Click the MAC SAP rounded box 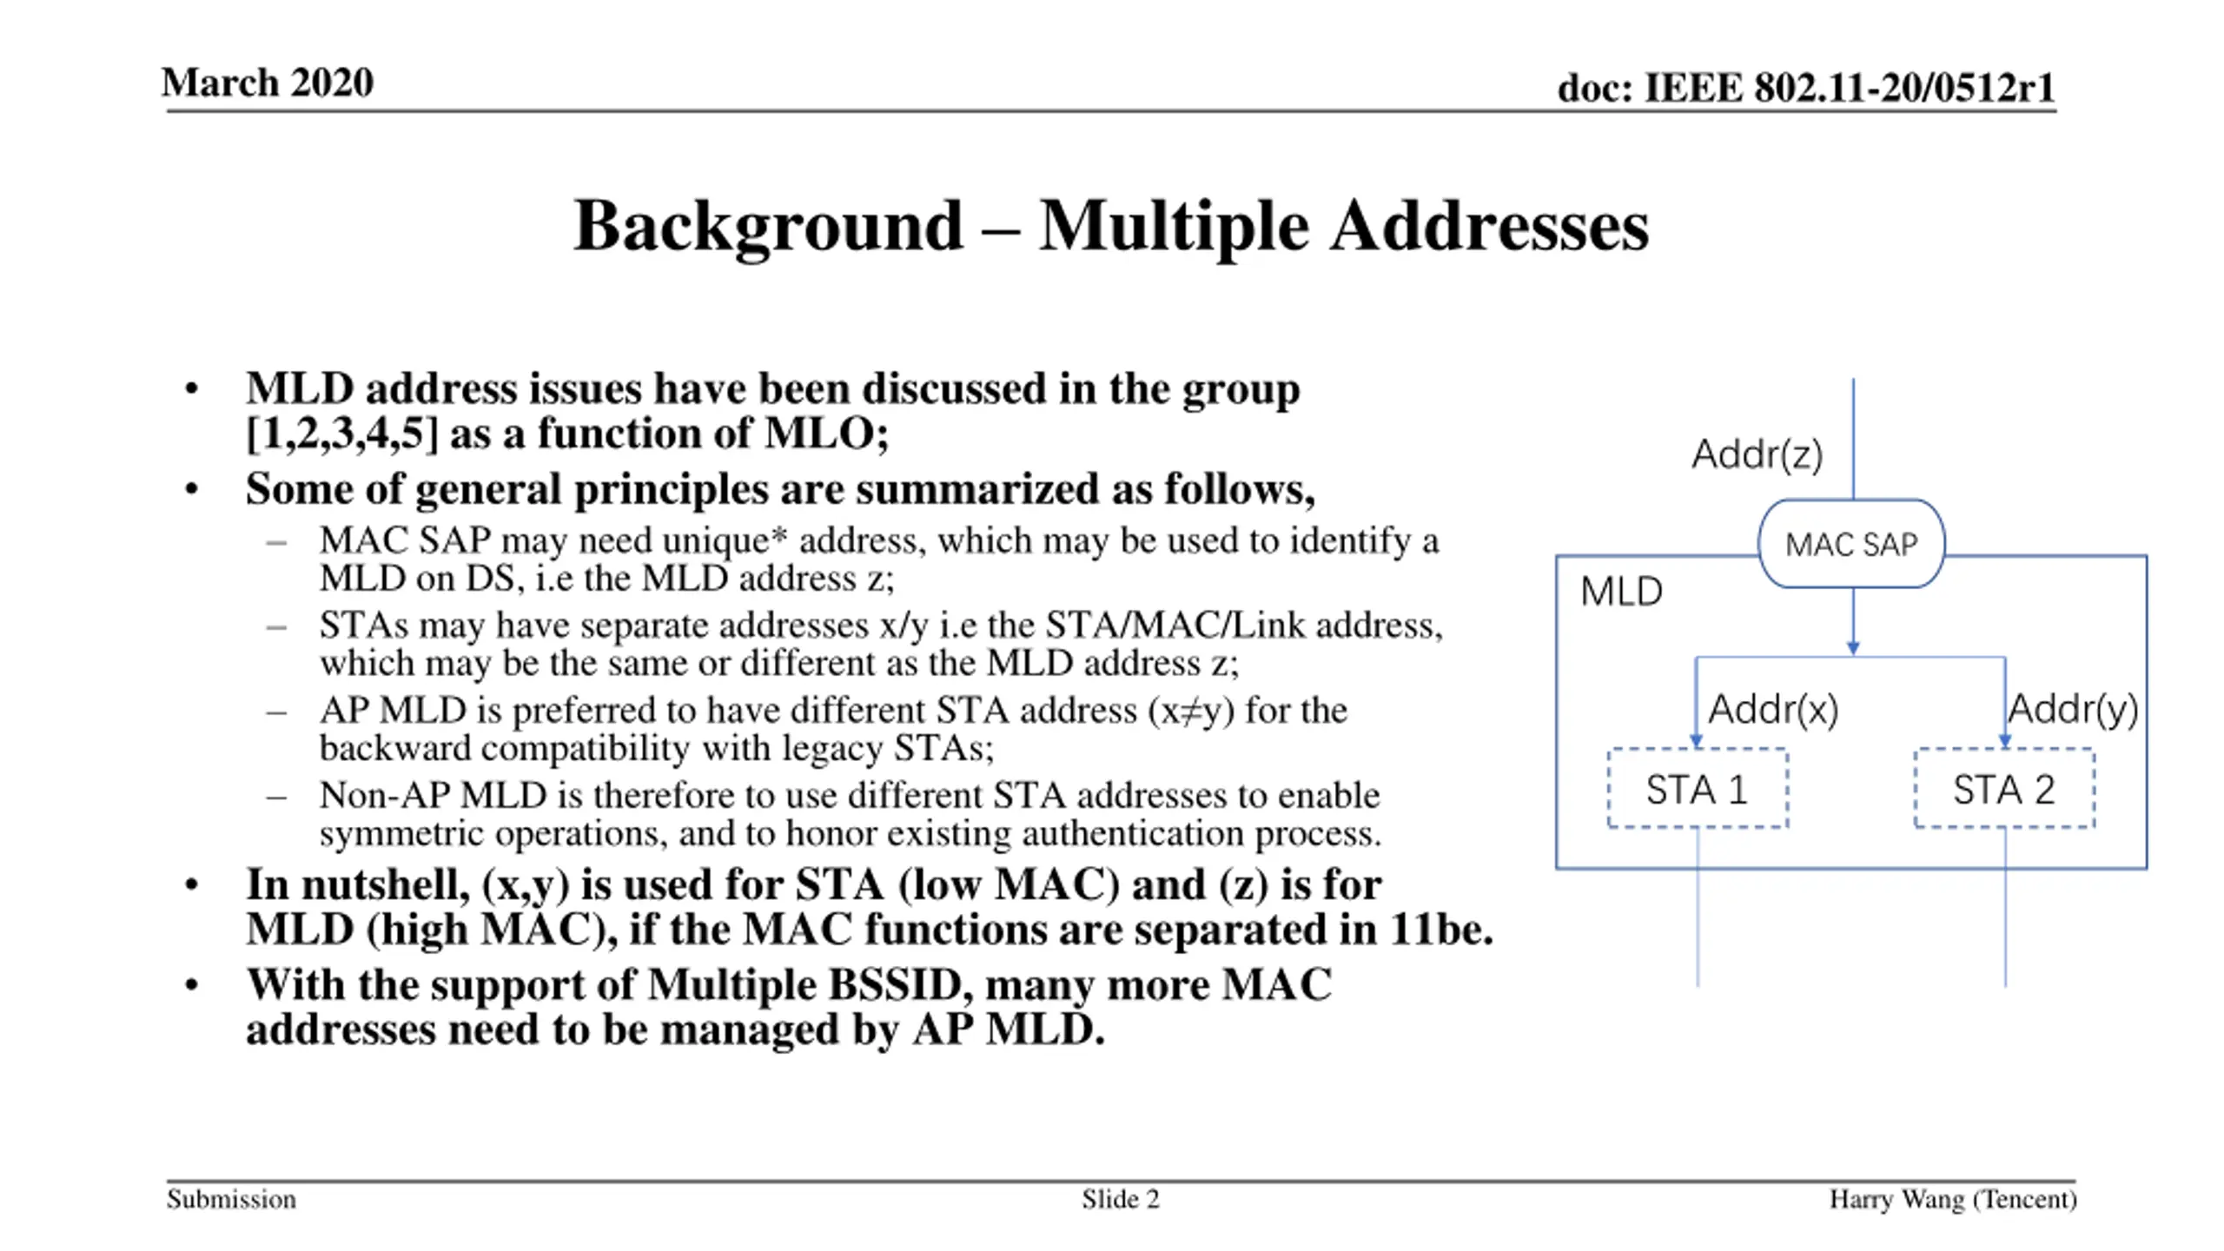coord(1850,544)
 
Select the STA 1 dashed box coord(1697,789)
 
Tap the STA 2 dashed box coord(2003,789)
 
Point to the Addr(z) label coord(1757,454)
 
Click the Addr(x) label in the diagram coord(1772,710)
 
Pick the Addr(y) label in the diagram coord(2072,710)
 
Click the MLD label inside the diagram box coord(1621,592)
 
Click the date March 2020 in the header coord(268,83)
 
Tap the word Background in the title coord(768,226)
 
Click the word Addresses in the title coord(1489,226)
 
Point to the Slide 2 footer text coord(1120,1200)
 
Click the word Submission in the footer coord(231,1200)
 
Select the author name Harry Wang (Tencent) coord(1952,1200)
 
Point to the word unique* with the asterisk coord(725,540)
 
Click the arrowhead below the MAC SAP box coord(1853,648)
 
